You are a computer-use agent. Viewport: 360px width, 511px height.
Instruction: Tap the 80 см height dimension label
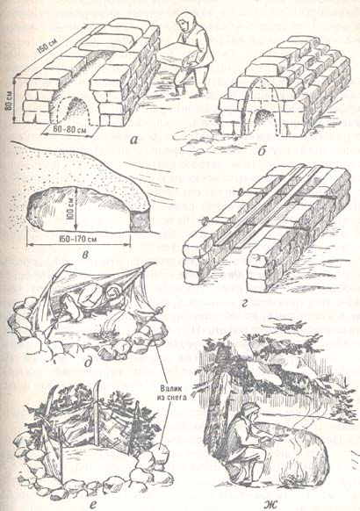[x=10, y=101]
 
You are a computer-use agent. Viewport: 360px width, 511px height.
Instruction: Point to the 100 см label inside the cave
[x=72, y=209]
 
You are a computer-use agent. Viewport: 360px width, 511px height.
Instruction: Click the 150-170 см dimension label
[x=78, y=240]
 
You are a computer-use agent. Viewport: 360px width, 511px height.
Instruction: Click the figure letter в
[x=85, y=255]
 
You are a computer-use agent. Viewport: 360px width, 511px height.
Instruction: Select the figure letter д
[x=88, y=362]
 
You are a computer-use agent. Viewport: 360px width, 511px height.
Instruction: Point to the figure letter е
[x=93, y=505]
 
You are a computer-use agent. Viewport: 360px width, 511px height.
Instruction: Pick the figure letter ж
[x=270, y=504]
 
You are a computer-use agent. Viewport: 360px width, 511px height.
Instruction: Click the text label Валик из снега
[x=173, y=392]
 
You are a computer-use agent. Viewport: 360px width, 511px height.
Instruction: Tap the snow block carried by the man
[x=176, y=54]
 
